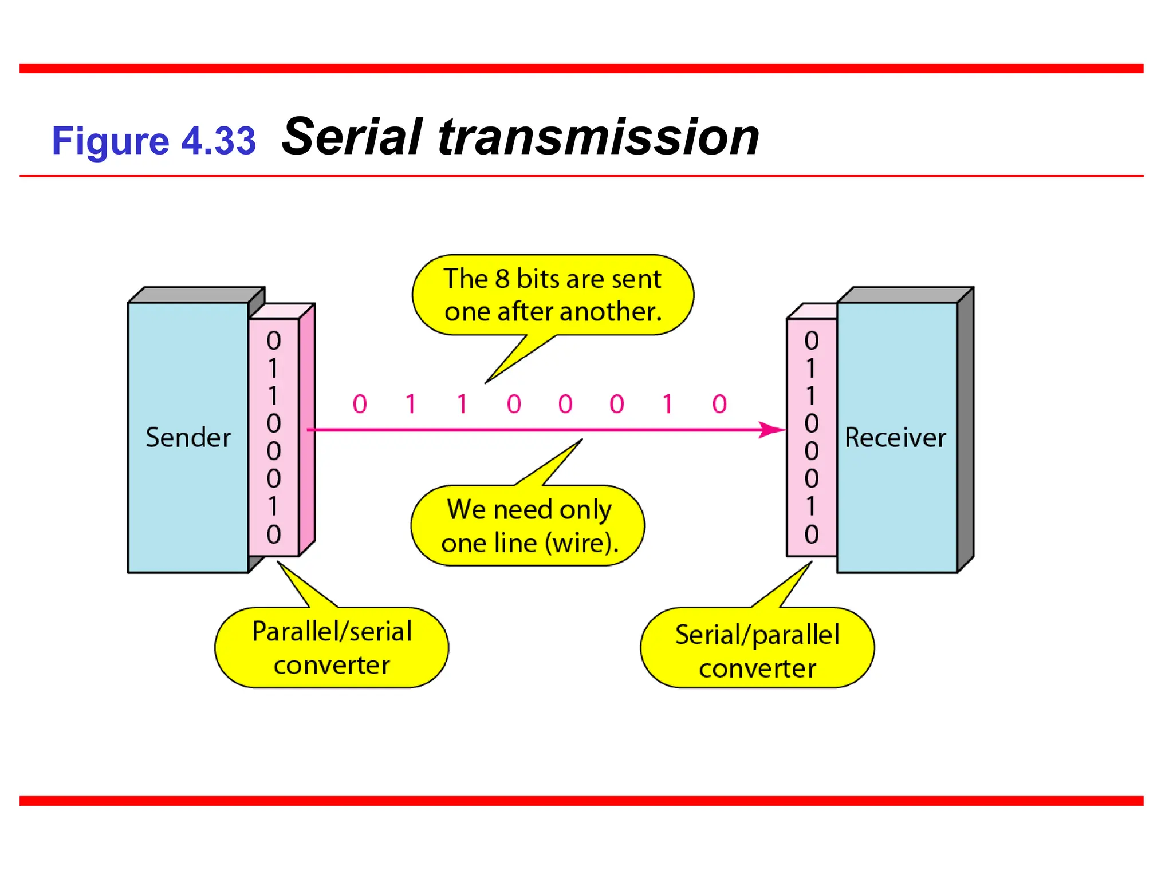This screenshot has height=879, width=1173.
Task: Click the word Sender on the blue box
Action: (188, 438)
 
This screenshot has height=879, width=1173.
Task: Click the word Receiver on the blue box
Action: (895, 438)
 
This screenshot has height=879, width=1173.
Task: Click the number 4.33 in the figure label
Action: (218, 141)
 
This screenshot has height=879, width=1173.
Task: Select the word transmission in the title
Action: (599, 137)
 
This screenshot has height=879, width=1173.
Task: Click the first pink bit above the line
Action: (360, 404)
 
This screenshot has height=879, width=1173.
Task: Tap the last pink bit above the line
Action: (719, 404)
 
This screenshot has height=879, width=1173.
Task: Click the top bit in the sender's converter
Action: (274, 340)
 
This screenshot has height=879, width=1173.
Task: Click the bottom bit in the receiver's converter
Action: (811, 534)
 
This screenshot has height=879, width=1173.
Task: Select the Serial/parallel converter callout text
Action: (757, 651)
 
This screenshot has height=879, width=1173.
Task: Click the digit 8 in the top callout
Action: (502, 279)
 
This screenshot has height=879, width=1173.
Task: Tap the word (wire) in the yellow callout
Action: (581, 543)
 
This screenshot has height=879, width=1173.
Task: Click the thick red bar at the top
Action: (581, 69)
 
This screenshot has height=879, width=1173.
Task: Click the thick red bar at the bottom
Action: (581, 801)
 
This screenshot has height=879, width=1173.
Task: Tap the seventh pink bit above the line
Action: (668, 404)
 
